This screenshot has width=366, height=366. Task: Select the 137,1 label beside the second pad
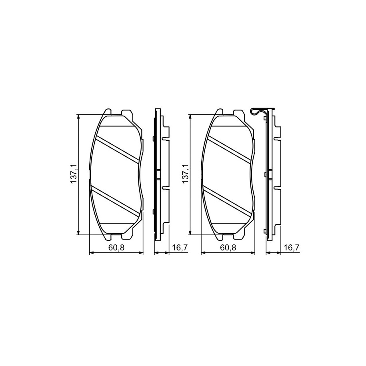point(186,174)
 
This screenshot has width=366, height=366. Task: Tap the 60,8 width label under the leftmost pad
point(116,248)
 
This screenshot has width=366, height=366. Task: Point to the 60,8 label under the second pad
point(228,248)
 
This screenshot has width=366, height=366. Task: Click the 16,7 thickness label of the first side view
point(180,248)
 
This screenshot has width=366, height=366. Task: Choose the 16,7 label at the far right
point(292,248)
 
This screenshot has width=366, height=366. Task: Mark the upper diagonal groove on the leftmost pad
point(118,149)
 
